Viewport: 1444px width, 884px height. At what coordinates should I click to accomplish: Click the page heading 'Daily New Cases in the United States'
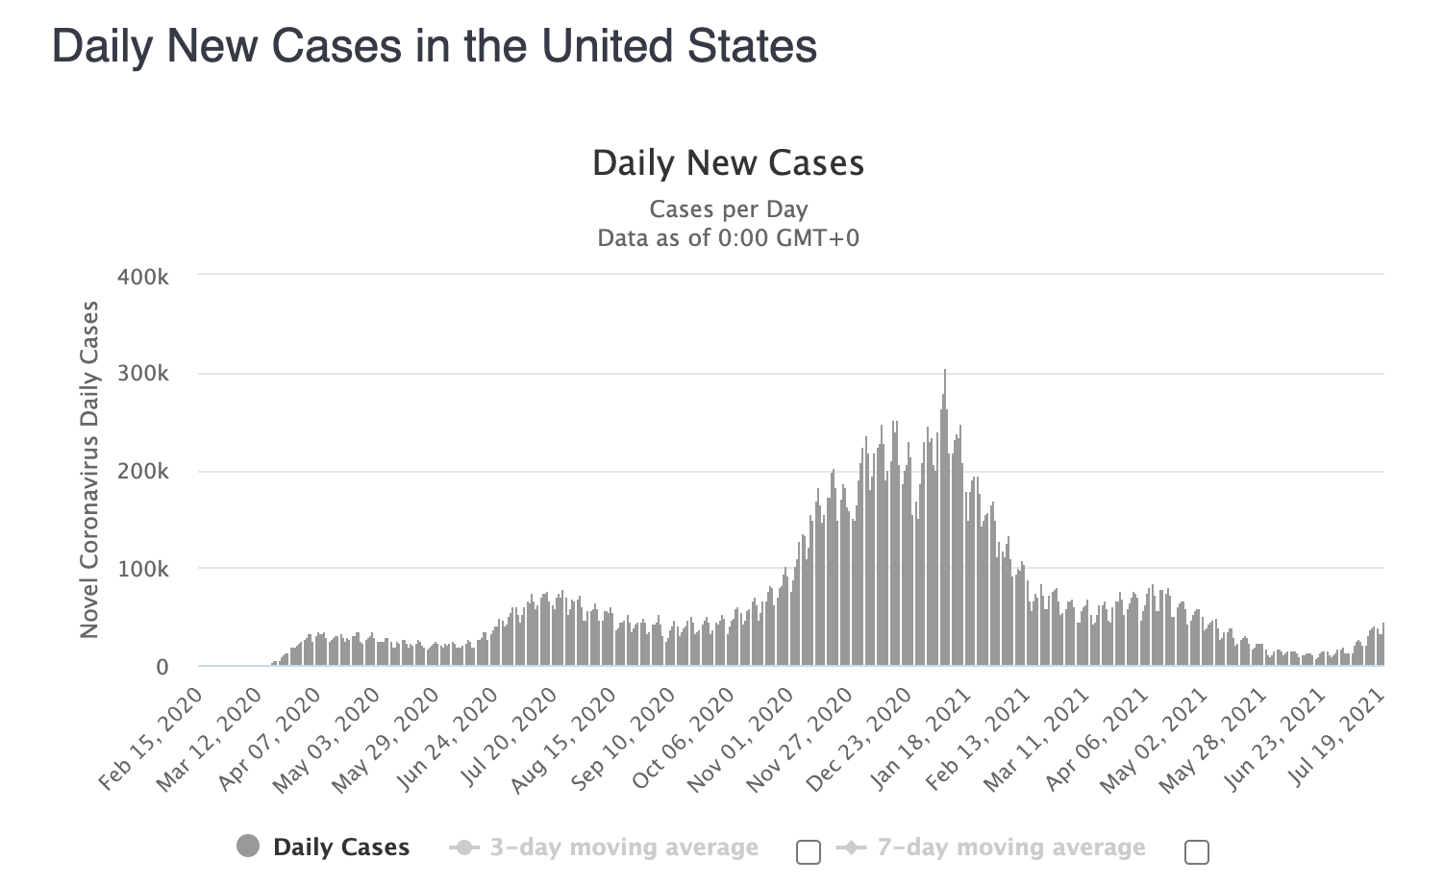tap(435, 46)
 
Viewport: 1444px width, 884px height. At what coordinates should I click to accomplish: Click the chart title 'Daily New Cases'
tap(728, 163)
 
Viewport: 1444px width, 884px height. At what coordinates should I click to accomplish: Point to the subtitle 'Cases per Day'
tap(728, 209)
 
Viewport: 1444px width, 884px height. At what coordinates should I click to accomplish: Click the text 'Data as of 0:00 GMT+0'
tap(728, 237)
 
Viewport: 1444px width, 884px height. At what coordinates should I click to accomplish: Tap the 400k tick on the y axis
tap(142, 277)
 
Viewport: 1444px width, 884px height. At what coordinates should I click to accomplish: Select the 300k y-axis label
tap(142, 374)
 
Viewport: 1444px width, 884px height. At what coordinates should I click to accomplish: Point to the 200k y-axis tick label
tap(142, 472)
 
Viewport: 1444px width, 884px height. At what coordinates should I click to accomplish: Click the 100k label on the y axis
tap(142, 569)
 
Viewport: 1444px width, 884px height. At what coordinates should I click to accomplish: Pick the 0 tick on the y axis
tap(162, 667)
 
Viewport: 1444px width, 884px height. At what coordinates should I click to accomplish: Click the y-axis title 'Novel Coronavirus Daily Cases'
tap(89, 469)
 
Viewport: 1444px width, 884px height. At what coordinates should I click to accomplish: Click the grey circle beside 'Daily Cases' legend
tap(248, 847)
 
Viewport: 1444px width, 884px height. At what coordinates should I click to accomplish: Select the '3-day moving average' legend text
tap(624, 847)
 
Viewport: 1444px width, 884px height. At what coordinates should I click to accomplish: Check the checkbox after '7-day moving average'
tap(1197, 851)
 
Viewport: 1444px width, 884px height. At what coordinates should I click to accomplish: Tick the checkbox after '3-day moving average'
tap(809, 851)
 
